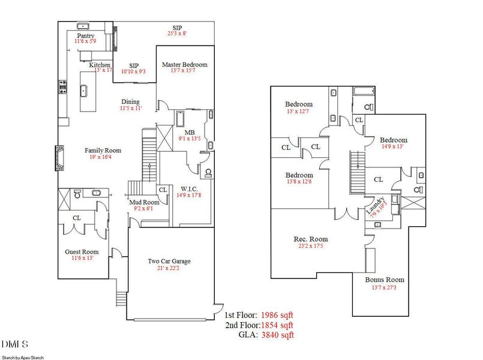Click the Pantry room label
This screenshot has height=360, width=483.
pos(84,35)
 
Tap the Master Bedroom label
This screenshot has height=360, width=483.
pos(184,64)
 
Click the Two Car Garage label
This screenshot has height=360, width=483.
pos(170,261)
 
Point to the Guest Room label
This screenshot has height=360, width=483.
pos(82,251)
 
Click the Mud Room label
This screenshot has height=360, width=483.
pos(144,202)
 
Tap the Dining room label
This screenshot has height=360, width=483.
pos(130,101)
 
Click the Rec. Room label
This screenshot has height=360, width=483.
pos(310,239)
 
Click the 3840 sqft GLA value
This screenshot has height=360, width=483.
pos(277,335)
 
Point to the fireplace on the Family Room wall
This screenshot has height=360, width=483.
pos(60,158)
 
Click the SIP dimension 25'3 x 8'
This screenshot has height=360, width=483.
pos(177,34)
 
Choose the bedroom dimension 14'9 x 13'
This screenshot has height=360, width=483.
pos(393,146)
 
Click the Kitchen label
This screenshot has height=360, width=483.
pos(100,64)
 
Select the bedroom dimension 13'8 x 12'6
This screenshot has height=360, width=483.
pos(299,182)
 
